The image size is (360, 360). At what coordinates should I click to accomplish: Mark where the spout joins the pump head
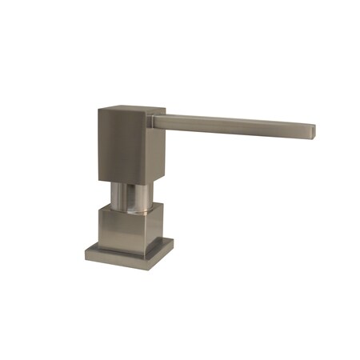[x=155, y=120]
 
